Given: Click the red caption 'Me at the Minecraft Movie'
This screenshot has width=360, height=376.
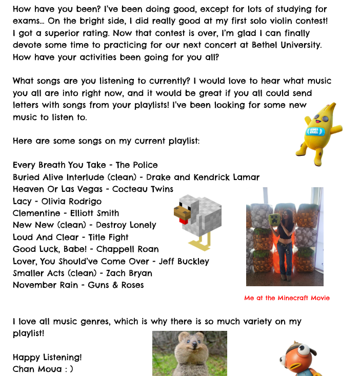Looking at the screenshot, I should [287, 298].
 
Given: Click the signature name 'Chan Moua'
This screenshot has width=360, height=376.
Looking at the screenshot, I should [34, 369].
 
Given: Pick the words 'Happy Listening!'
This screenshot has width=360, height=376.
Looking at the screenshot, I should [47, 357].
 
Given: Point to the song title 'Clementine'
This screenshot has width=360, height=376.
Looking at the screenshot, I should [38, 213].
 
